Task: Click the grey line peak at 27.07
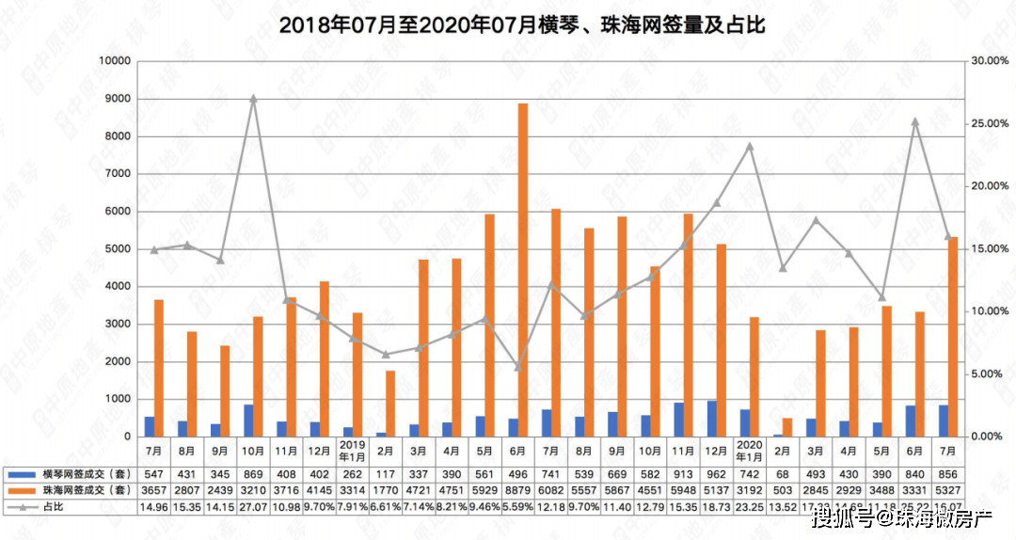pos(253,98)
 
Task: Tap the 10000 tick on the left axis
pos(115,61)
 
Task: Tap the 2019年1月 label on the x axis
pos(353,449)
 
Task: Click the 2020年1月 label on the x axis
pos(750,449)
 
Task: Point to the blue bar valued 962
pos(710,419)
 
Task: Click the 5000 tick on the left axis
pos(118,248)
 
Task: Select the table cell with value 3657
pos(154,490)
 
